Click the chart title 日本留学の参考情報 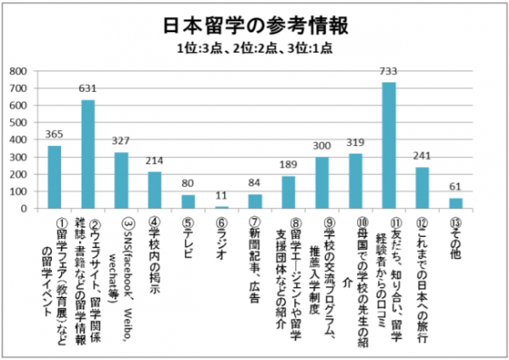(x=254, y=25)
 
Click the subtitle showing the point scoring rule (x=254, y=48)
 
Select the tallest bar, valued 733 (x=389, y=145)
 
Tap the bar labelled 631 (x=88, y=155)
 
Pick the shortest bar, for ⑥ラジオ (x=221, y=207)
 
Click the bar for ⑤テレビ (x=188, y=201)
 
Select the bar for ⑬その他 (x=456, y=203)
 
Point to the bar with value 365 (x=54, y=177)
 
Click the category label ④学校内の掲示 (x=155, y=251)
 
